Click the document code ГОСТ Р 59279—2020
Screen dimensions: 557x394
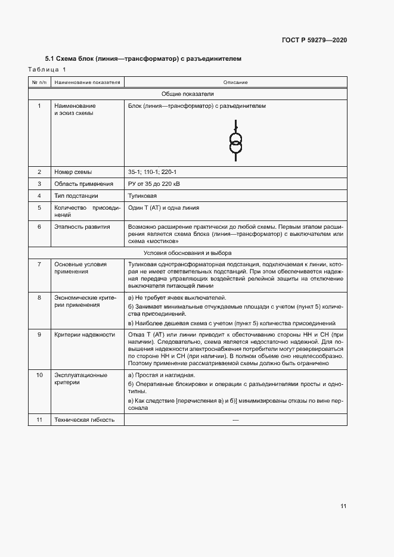coord(314,41)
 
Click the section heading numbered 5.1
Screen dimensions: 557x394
coord(143,60)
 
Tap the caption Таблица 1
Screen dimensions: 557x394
coord(48,70)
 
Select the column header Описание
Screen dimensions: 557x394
coord(235,82)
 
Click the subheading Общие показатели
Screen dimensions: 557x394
coord(188,94)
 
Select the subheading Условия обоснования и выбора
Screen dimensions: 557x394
coord(188,252)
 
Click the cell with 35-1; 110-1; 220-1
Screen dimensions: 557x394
coord(148,172)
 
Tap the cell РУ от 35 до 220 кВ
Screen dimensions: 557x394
coord(154,184)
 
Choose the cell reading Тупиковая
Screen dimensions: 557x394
coord(142,196)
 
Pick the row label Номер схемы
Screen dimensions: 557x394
coord(74,172)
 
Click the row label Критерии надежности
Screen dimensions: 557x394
coord(84,335)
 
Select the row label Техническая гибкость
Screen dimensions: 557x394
coord(85,420)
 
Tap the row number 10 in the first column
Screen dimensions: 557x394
coord(39,375)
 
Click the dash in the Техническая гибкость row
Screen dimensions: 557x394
coord(235,420)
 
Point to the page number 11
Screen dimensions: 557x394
coord(343,506)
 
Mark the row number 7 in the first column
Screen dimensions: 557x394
coord(39,264)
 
